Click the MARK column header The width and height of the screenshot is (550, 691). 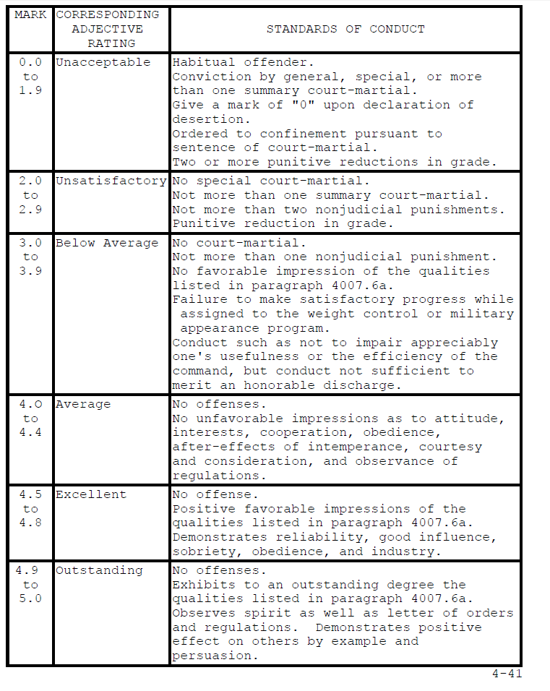pyautogui.click(x=30, y=15)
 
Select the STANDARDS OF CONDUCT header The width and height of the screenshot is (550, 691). pyautogui.click(x=345, y=30)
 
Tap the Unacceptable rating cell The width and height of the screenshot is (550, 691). pyautogui.click(x=103, y=62)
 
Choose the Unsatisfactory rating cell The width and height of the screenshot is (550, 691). pyautogui.click(x=111, y=181)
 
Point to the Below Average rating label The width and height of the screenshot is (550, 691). pyautogui.click(x=106, y=243)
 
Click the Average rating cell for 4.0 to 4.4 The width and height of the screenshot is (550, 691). pyautogui.click(x=83, y=404)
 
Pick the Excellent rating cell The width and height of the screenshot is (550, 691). pyautogui.click(x=91, y=494)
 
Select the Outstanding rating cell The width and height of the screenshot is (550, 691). pyautogui.click(x=100, y=570)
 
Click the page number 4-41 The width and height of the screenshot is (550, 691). pyautogui.click(x=507, y=674)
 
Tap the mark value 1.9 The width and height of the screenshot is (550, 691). pyautogui.click(x=30, y=91)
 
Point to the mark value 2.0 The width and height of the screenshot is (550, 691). pyautogui.click(x=30, y=181)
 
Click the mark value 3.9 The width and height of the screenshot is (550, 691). pyautogui.click(x=30, y=271)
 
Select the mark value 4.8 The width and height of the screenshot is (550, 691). pyautogui.click(x=30, y=523)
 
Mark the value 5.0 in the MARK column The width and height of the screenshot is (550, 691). pyautogui.click(x=30, y=598)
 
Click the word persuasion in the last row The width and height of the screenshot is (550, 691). pyautogui.click(x=212, y=656)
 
